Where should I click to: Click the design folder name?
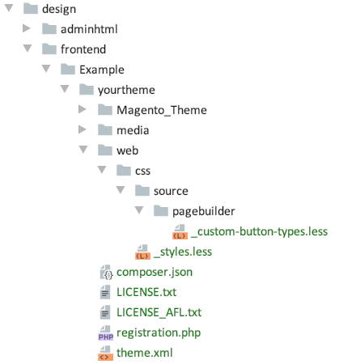59,10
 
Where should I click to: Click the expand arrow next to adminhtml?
27,28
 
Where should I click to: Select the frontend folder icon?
49,49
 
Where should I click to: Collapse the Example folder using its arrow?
46,69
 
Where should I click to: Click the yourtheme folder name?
126,90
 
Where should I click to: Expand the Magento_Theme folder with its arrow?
83,109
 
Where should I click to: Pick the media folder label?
133,130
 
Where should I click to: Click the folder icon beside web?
105,150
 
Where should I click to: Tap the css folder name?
142,171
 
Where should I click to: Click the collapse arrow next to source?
121,190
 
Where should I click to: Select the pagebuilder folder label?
204,211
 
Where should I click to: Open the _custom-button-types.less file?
259,232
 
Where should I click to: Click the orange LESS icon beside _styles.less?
142,252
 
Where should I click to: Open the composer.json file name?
155,273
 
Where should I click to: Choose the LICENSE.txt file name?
146,292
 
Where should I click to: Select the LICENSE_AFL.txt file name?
159,312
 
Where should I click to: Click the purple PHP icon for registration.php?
105,332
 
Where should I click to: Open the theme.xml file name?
145,353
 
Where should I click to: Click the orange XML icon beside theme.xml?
105,353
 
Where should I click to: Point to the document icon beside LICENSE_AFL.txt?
105,312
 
